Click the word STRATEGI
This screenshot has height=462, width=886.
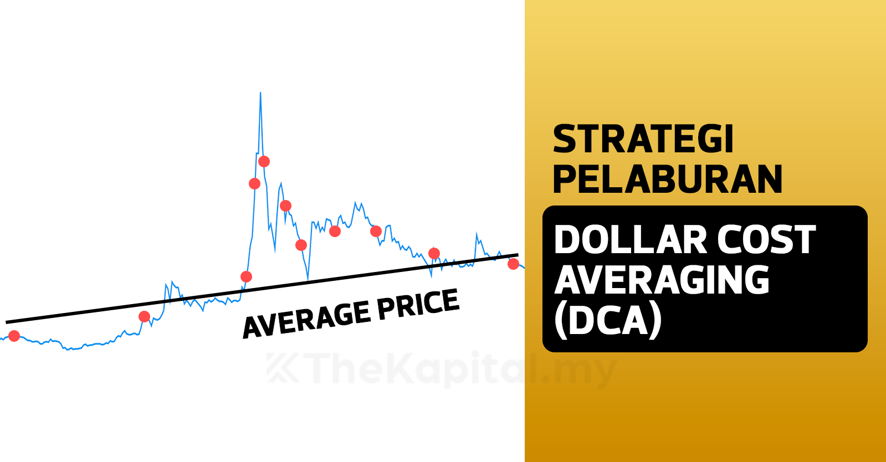point(643,139)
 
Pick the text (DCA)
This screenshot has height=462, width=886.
point(608,321)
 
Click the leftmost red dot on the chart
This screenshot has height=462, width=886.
point(14,336)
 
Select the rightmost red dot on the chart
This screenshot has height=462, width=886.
point(513,264)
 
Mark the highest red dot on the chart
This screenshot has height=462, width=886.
point(264,161)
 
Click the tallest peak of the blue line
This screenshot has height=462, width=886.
point(260,93)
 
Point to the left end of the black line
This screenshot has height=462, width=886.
point(6,322)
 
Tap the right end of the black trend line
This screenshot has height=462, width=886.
point(518,255)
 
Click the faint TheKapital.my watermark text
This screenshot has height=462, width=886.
point(442,369)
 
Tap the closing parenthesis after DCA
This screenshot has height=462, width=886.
point(655,321)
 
